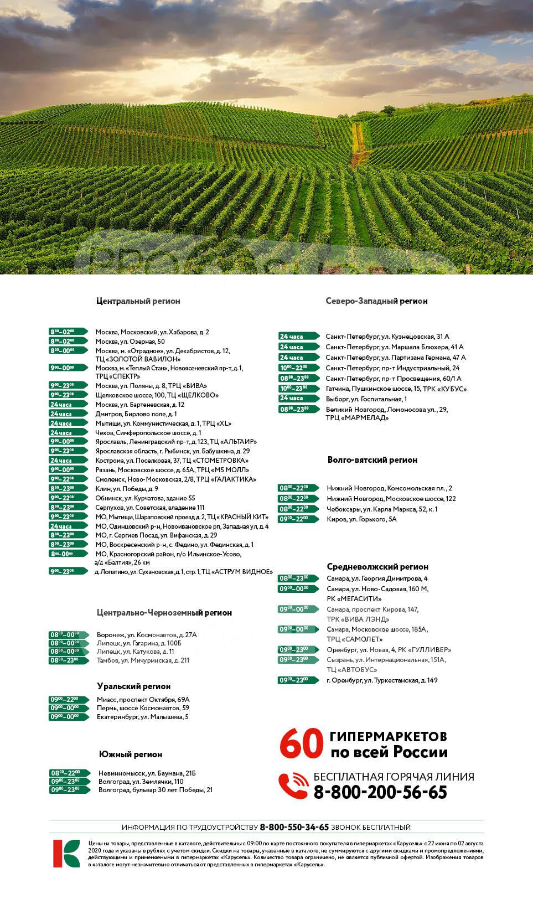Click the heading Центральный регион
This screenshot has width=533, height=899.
coord(138,301)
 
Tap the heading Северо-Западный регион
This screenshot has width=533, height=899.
coord(376,301)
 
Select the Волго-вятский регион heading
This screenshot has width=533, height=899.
coord(372,459)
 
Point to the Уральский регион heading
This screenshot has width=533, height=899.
coord(133,686)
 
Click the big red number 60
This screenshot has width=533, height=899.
coord(301,745)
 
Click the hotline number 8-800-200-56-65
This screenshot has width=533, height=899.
coord(380,792)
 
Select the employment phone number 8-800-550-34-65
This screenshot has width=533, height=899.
coord(294,827)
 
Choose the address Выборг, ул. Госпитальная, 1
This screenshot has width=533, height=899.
coord(366,399)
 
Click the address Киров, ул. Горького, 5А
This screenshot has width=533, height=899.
coord(361,519)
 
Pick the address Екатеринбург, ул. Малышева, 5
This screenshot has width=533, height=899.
coord(143,717)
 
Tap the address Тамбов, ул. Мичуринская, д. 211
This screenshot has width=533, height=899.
coord(143,660)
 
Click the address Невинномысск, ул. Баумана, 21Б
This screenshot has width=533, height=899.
coord(147,773)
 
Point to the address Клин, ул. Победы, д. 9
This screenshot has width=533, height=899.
coord(127,489)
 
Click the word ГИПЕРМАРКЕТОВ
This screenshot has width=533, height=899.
coord(388,737)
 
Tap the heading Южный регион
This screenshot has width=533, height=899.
coord(131,755)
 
